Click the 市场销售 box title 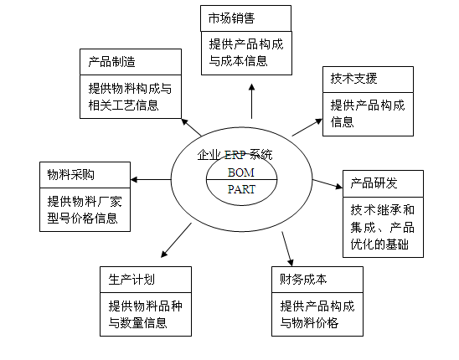pyautogui.click(x=231, y=18)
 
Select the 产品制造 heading pyautogui.click(x=111, y=62)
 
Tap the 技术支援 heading pyautogui.click(x=354, y=79)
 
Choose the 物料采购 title pyautogui.click(x=71, y=175)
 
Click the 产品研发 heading pyautogui.click(x=374, y=183)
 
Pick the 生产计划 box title pyautogui.click(x=132, y=280)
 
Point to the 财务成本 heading pyautogui.click(x=303, y=280)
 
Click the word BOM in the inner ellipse pyautogui.click(x=241, y=172)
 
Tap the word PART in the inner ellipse pyautogui.click(x=242, y=189)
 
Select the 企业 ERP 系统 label pyautogui.click(x=235, y=155)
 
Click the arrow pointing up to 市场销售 pyautogui.click(x=251, y=101)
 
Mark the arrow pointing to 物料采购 pyautogui.click(x=151, y=179)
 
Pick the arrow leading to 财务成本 pyautogui.click(x=287, y=249)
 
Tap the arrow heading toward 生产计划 pyautogui.click(x=176, y=240)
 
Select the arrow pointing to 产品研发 pyautogui.click(x=327, y=184)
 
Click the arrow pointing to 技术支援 pyautogui.click(x=307, y=127)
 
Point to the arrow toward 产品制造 pyautogui.click(x=192, y=127)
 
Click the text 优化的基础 pyautogui.click(x=379, y=244)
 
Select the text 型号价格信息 pyautogui.click(x=83, y=218)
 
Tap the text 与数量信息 pyautogui.click(x=137, y=323)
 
